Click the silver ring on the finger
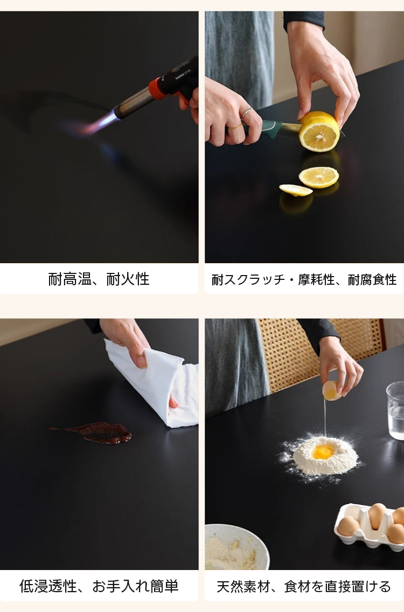[247, 112]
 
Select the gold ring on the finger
[235, 126]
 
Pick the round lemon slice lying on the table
[319, 177]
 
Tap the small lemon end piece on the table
[296, 190]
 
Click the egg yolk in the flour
[323, 452]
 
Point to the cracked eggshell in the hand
[332, 391]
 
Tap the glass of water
[395, 410]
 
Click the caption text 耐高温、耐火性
[99, 279]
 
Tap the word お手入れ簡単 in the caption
[135, 586]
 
